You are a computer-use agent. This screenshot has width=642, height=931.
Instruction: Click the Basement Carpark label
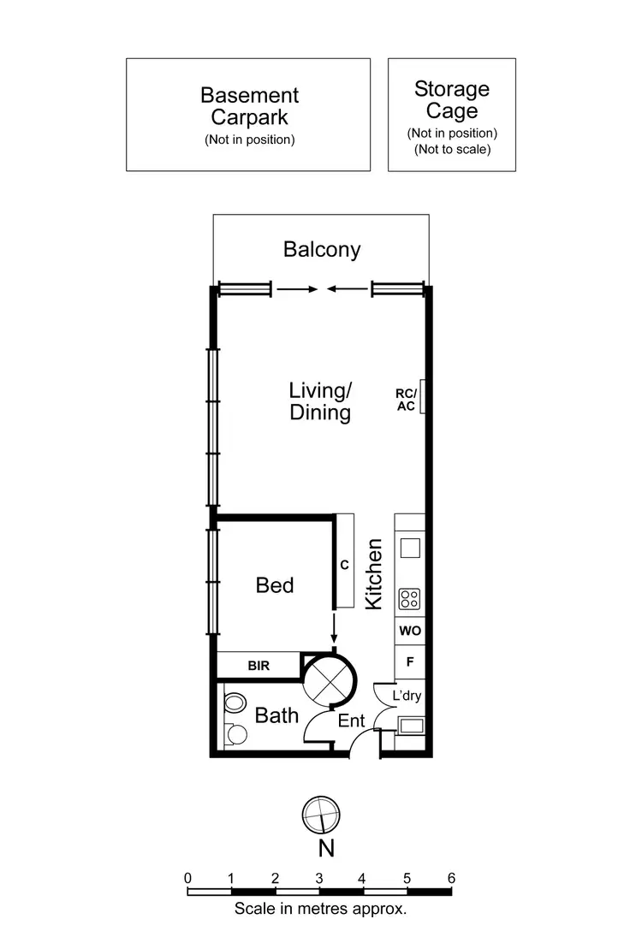249,106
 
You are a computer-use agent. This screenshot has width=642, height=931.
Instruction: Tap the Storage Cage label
452,100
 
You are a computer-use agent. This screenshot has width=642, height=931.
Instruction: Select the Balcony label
322,250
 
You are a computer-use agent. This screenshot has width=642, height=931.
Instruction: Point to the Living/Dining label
320,401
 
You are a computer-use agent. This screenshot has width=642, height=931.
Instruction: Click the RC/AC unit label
405,400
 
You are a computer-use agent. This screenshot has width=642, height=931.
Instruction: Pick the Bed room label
275,585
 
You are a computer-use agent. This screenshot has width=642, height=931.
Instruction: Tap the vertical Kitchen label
374,574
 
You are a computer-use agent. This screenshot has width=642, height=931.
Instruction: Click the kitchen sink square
410,547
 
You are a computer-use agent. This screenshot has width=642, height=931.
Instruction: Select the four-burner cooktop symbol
410,598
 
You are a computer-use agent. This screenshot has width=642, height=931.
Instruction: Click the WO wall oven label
409,632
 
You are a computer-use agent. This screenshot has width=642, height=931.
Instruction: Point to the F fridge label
410,661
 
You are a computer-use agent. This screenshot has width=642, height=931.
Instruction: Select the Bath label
276,715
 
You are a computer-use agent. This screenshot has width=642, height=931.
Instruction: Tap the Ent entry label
352,721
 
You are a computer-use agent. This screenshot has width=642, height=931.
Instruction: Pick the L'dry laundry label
407,697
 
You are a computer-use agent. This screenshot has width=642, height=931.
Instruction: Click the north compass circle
321,813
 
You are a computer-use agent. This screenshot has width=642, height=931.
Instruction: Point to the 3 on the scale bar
318,878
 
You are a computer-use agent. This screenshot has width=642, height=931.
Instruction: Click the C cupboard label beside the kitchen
344,565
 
